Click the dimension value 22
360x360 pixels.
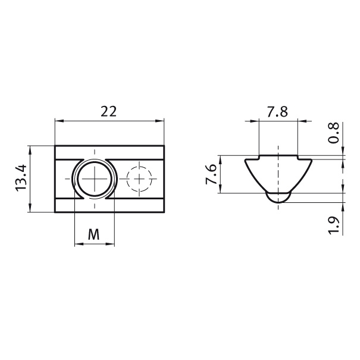109,111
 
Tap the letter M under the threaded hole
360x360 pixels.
94,234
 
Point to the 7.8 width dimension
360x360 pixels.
277,112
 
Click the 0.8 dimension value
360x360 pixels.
333,133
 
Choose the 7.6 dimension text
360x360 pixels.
211,174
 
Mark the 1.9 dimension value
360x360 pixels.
333,225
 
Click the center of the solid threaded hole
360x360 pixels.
95,179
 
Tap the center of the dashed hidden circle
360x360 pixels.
139,179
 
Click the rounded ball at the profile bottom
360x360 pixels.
278,198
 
